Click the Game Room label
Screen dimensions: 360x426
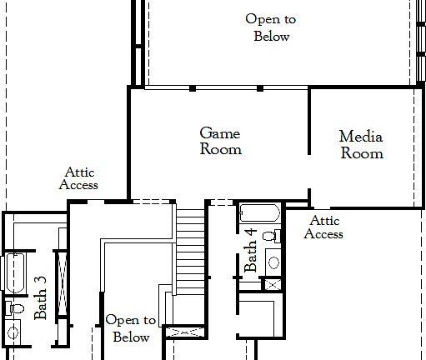[x=221, y=142]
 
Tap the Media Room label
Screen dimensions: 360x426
[x=362, y=144]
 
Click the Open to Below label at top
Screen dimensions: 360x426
[x=271, y=27]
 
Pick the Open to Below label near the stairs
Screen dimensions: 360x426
[x=131, y=328]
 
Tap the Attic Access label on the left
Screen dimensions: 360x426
[x=78, y=178]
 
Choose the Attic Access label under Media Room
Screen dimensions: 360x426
[x=323, y=227]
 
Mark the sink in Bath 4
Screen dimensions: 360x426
[x=273, y=263]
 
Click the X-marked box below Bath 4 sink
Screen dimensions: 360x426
[x=271, y=284]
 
